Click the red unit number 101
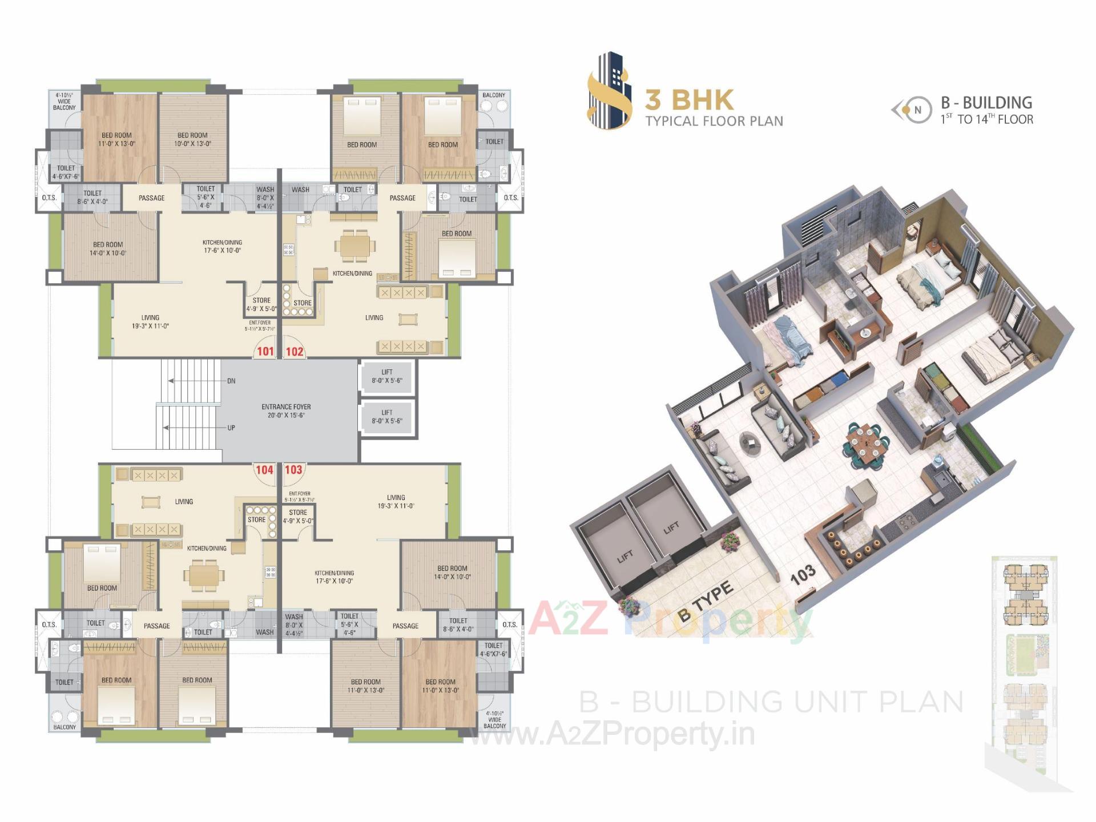[265, 351]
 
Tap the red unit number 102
[295, 351]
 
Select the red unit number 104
[264, 470]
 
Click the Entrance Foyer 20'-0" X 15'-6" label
[286, 411]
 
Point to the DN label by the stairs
[231, 381]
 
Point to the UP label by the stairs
[231, 428]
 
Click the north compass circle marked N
[918, 110]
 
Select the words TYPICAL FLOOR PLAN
[714, 121]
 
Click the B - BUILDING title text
[986, 103]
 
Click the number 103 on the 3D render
[803, 575]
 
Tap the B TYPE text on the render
[706, 601]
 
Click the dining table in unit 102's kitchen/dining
[355, 246]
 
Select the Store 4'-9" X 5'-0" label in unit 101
[261, 304]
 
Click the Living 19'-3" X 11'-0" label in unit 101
[150, 322]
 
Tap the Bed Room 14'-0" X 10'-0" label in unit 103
[452, 573]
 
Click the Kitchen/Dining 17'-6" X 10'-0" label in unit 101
[222, 246]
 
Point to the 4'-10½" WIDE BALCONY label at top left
[64, 101]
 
